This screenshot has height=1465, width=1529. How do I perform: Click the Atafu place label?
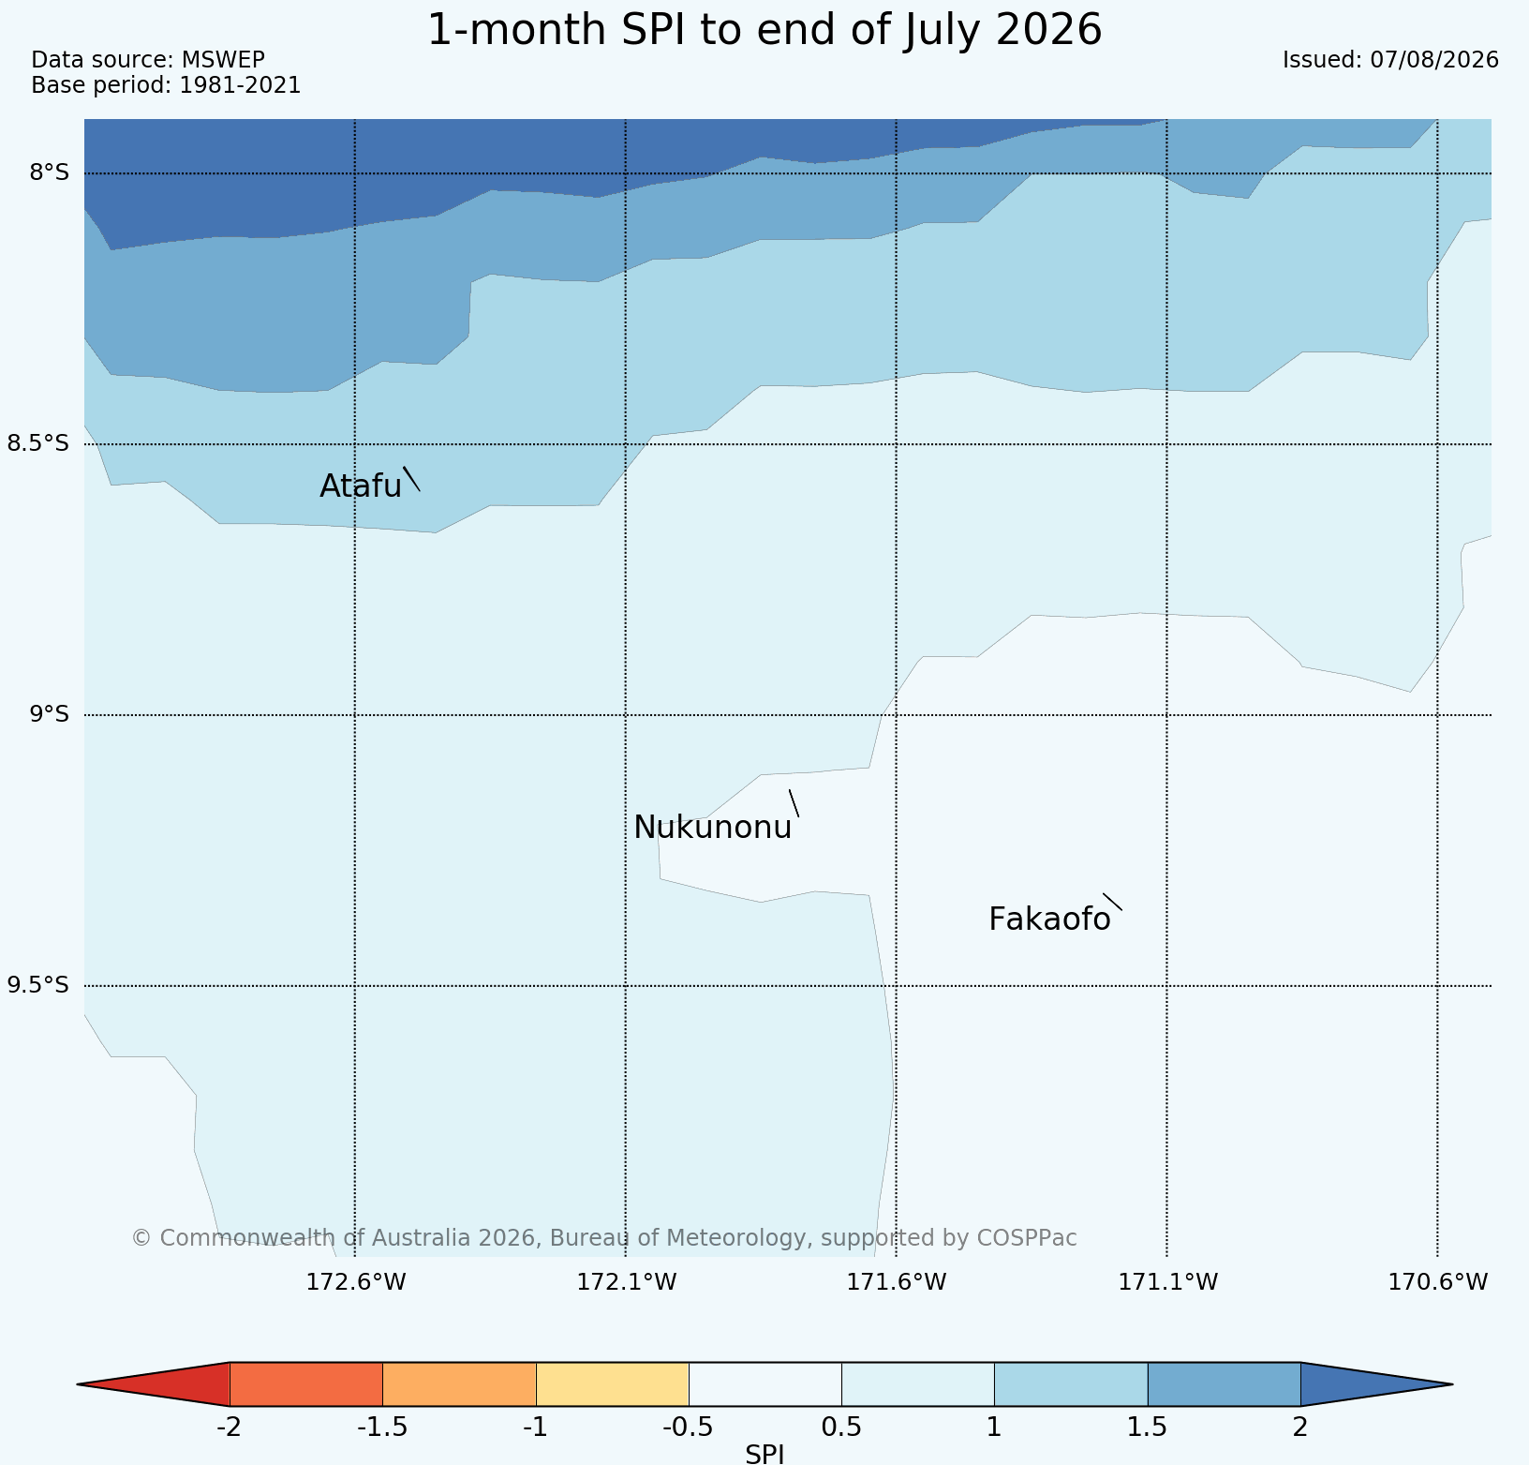361,486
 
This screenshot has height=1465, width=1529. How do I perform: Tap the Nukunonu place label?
713,828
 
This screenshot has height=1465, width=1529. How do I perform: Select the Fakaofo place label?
1049,919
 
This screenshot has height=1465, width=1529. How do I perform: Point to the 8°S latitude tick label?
50,172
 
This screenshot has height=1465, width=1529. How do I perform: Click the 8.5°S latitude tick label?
38,443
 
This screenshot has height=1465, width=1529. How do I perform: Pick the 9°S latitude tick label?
50,714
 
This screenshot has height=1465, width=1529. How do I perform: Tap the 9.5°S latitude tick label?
38,985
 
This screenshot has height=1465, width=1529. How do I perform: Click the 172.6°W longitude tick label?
356,1281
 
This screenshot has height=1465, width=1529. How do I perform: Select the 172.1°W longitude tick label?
626,1281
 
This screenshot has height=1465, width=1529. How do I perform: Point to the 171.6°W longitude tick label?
897,1281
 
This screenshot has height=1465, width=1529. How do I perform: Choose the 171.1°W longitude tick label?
1168,1281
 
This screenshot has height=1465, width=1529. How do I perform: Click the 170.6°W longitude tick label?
1438,1281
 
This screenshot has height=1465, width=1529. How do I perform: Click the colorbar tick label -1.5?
382,1428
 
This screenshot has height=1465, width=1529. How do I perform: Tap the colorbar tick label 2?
1299,1428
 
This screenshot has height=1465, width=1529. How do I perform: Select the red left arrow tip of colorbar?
78,1384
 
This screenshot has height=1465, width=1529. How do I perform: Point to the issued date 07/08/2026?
1434,60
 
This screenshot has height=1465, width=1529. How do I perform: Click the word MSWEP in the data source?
223,60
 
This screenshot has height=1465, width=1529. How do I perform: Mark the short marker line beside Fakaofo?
1112,902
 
